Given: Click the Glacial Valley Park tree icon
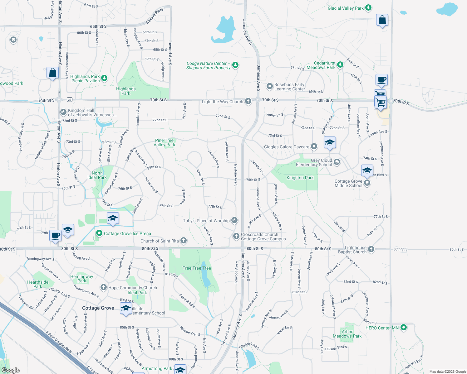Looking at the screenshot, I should [368, 8].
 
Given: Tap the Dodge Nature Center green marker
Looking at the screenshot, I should [235, 65].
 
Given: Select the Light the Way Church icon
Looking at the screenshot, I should [248, 101].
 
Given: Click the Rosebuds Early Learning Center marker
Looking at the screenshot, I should [269, 86].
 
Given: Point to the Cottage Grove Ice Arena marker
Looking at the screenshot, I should [99, 233].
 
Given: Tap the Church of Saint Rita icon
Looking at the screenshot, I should [184, 241].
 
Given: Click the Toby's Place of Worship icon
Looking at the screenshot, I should [234, 220].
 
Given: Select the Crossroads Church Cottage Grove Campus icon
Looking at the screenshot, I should [236, 236].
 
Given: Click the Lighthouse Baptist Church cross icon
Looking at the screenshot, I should [371, 249].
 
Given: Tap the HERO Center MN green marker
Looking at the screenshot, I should [404, 328].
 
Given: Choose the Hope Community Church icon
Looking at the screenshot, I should [104, 287].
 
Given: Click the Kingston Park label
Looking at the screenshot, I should [300, 178].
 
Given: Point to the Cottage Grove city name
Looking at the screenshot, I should [98, 308].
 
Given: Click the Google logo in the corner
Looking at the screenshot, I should [11, 370].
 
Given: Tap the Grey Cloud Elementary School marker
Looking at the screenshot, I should [337, 162].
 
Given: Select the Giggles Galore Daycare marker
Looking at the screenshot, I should [314, 146].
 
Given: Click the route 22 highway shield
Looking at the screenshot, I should [69, 100].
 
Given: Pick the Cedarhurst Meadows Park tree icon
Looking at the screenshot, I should [340, 65].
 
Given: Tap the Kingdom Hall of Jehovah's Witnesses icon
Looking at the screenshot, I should [63, 112].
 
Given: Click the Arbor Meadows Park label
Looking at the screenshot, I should [347, 334].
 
